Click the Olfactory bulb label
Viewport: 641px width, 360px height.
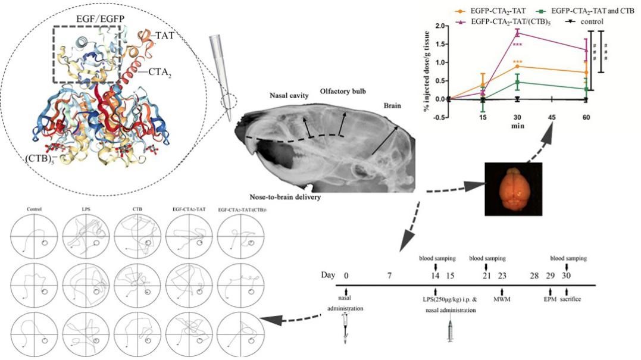pyautogui.click(x=342, y=91)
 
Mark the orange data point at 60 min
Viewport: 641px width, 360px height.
pyautogui.click(x=586, y=72)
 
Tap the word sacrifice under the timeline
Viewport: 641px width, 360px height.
pyautogui.click(x=570, y=299)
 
